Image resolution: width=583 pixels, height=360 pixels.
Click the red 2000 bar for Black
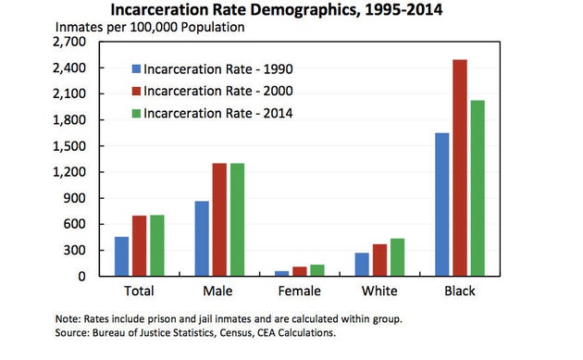pyautogui.click(x=460, y=168)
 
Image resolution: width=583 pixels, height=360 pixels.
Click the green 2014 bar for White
pyautogui.click(x=397, y=257)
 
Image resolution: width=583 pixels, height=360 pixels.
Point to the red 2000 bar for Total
pyautogui.click(x=140, y=245)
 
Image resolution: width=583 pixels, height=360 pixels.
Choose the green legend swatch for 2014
pyautogui.click(x=136, y=114)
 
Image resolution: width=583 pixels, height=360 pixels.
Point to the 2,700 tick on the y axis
pyautogui.click(x=70, y=43)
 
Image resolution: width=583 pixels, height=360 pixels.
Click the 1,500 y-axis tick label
pyautogui.click(x=70, y=146)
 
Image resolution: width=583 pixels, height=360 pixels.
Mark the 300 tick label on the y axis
pyautogui.click(x=76, y=250)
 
